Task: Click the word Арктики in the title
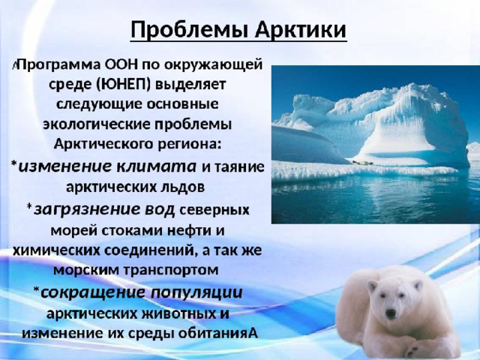point(301,29)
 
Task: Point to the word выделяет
point(190,85)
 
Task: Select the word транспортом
point(172,270)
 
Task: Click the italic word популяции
point(196,292)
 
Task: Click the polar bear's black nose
point(390,313)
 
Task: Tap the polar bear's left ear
point(372,286)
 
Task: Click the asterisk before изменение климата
point(13,164)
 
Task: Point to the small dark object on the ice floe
point(363,163)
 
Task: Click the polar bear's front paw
point(419,347)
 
